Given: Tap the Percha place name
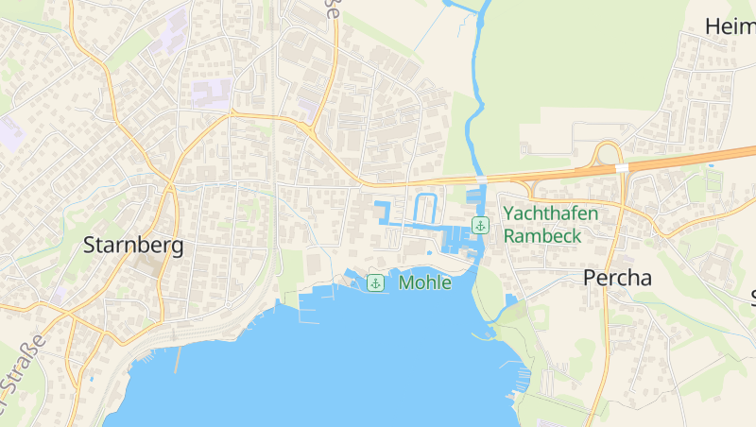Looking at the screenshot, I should click(618, 278).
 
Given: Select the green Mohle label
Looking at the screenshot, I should click(424, 282).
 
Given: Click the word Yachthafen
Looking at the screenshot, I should click(550, 213).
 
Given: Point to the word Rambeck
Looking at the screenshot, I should click(542, 236).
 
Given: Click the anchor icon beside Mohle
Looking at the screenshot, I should click(375, 282).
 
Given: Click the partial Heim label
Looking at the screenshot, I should click(730, 26).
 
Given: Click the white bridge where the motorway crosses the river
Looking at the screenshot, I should click(481, 178).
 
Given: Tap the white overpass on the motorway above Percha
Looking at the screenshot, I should click(621, 168).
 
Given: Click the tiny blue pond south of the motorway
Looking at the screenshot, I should click(712, 166).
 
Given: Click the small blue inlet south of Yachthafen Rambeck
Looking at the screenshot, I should click(511, 299).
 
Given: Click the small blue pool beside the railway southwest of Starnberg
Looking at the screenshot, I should click(92, 380).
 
